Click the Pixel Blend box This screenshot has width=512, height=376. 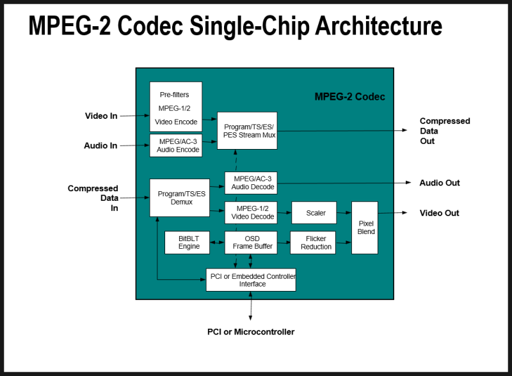coord(365,228)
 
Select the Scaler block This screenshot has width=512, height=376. coord(314,212)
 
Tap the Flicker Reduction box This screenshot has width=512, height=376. coord(313,242)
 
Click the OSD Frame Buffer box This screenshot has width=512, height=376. coord(250,242)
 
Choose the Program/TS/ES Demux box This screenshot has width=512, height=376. coord(180,198)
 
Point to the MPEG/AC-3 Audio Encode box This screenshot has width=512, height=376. coord(176,146)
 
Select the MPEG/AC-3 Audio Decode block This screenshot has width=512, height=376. coord(250,183)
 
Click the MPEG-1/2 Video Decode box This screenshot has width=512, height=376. coord(250,212)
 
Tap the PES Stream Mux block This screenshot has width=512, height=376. coord(247,130)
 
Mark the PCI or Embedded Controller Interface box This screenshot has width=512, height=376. coord(251,279)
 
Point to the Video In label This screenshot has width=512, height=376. coord(101,116)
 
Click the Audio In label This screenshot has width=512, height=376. coord(100,146)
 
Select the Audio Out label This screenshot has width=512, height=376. coord(440,183)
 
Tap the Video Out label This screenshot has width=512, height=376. coord(439,213)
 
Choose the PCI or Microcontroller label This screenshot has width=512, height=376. coord(251,332)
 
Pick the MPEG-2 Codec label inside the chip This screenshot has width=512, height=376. coord(349,97)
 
